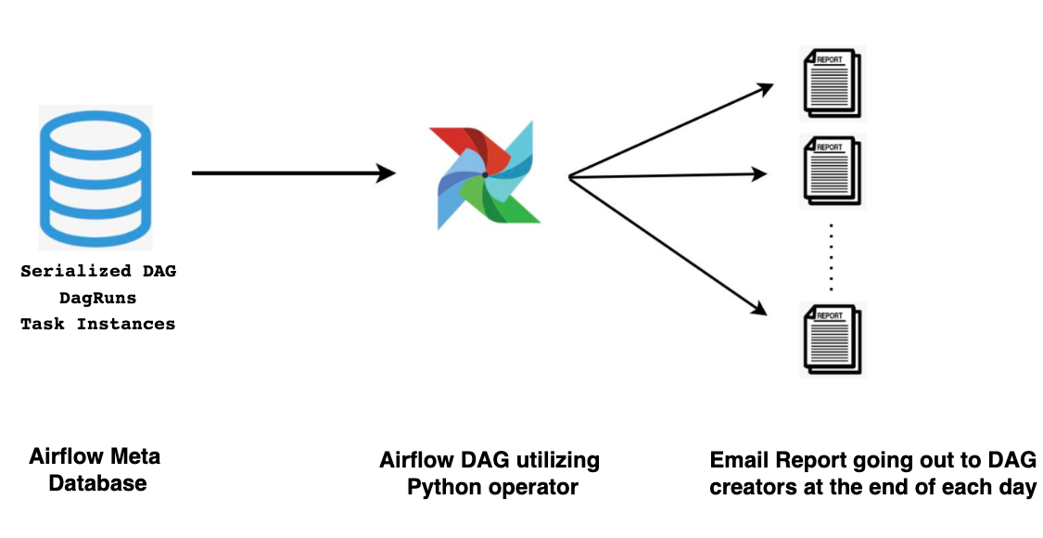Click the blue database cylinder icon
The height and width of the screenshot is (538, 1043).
(x=95, y=176)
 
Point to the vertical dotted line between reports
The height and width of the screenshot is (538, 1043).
(x=832, y=257)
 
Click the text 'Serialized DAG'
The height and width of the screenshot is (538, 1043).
(x=98, y=272)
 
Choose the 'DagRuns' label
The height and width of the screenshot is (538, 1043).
(x=98, y=298)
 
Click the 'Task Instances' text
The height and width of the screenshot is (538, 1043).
(x=98, y=324)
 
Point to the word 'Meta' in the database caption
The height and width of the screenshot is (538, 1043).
(x=135, y=456)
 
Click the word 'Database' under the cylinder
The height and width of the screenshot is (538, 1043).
(x=97, y=483)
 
